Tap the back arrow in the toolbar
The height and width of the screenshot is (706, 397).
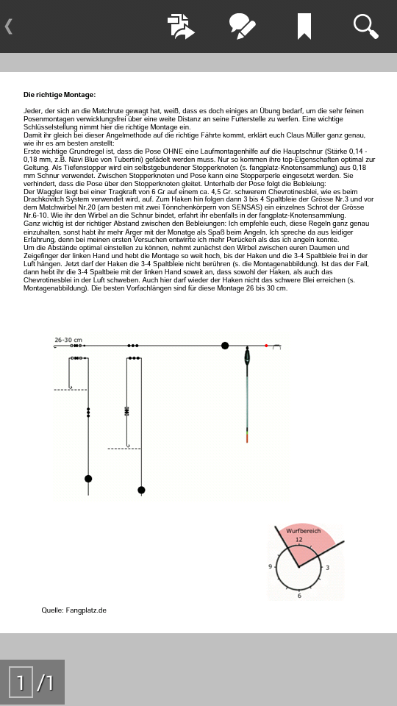(x=9, y=26)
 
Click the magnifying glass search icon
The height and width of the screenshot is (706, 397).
(x=365, y=26)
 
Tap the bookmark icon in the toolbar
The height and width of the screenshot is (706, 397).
(x=304, y=26)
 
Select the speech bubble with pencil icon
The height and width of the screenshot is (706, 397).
(x=243, y=26)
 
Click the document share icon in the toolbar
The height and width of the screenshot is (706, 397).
(x=181, y=26)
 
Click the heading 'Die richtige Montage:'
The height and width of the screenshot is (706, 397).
(x=60, y=95)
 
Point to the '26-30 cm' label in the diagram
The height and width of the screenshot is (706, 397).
(x=68, y=340)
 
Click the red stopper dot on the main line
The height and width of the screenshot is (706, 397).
(x=266, y=346)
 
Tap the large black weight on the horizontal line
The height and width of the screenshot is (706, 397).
(x=225, y=346)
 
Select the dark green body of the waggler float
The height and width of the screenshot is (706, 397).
(x=247, y=357)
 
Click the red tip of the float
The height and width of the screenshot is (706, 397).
(x=247, y=438)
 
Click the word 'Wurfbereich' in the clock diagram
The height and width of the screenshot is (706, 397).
(x=304, y=531)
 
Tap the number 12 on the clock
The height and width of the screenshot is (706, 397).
(x=299, y=540)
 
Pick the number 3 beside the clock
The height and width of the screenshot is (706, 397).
(x=327, y=567)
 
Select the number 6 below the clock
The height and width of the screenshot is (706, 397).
(x=299, y=596)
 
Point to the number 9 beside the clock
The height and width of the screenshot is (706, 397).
(x=271, y=566)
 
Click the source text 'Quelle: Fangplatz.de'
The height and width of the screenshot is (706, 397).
(x=74, y=610)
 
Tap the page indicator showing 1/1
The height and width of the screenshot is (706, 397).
(x=32, y=682)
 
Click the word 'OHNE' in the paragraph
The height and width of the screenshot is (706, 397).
(x=173, y=151)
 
